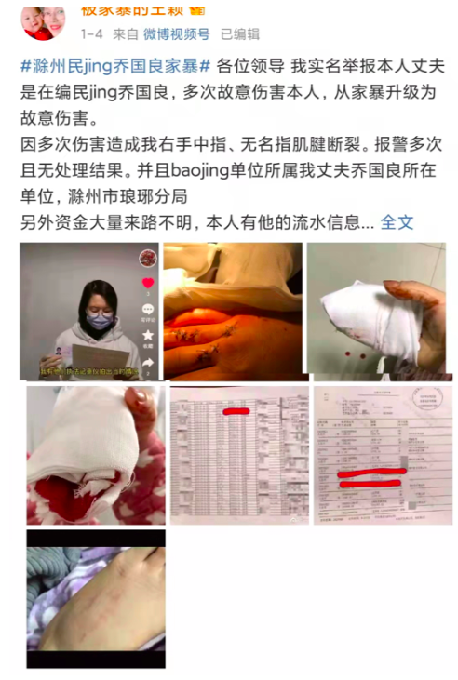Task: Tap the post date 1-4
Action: click(x=91, y=34)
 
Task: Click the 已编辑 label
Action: click(x=240, y=34)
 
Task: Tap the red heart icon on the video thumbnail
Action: click(x=147, y=283)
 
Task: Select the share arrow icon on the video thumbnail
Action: click(x=147, y=363)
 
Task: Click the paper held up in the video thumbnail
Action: click(x=100, y=357)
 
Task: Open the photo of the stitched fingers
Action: click(x=233, y=311)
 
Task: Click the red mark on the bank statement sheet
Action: click(x=236, y=409)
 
